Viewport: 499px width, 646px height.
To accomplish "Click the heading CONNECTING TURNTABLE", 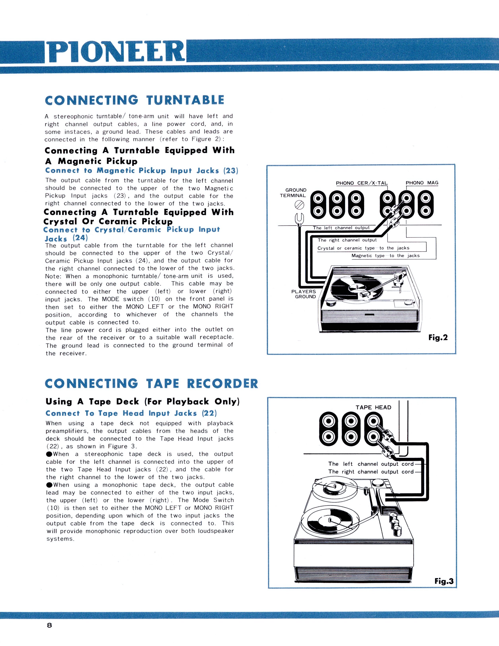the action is tap(134, 100).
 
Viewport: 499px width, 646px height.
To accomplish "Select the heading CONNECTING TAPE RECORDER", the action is tap(151, 384).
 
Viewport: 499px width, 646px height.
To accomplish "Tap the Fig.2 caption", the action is tap(438, 337).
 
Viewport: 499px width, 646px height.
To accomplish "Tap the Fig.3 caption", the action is tap(444, 581).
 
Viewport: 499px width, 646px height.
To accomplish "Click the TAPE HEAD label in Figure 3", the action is tap(373, 407).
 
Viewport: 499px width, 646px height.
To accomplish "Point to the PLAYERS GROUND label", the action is tap(304, 294).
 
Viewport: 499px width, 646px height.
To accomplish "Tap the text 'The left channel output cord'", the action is tap(371, 464).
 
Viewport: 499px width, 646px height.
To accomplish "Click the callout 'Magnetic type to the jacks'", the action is tap(385, 256).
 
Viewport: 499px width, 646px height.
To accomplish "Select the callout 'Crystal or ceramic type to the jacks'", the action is tap(363, 248).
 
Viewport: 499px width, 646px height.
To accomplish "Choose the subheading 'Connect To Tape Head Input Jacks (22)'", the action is tap(131, 413).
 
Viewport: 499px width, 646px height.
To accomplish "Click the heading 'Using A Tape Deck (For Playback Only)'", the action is tap(143, 402).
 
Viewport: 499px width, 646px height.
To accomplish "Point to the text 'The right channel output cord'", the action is tap(371, 471).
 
